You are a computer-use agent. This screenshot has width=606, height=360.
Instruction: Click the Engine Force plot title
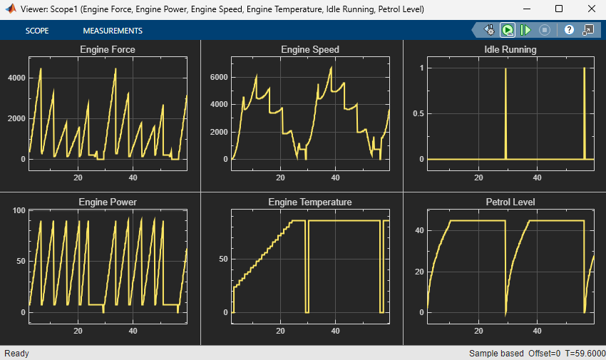(x=108, y=50)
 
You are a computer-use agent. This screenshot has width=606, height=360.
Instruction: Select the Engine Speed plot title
(x=310, y=50)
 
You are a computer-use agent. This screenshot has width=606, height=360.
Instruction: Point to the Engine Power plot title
(x=108, y=202)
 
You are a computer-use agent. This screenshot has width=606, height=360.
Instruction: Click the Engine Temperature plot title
(x=310, y=202)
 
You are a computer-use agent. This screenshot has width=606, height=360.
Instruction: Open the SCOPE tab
(x=37, y=31)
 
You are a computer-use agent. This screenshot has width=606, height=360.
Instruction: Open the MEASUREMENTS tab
(x=113, y=31)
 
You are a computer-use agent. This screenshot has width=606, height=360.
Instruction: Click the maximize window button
(x=559, y=9)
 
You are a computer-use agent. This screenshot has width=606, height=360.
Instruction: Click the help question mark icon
(x=569, y=30)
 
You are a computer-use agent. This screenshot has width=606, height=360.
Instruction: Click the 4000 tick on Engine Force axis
(x=16, y=78)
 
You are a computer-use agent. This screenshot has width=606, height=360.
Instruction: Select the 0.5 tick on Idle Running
(x=418, y=114)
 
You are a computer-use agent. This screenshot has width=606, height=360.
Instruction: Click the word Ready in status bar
(x=16, y=354)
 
